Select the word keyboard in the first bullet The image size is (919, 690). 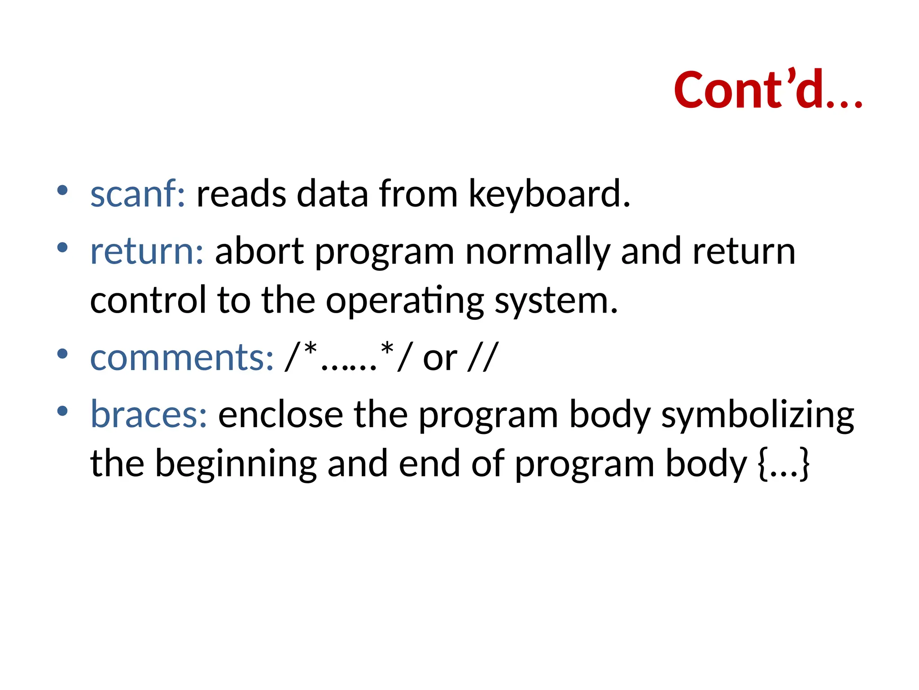tap(549, 195)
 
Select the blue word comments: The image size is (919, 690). tap(182, 358)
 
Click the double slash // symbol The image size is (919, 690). tap(483, 358)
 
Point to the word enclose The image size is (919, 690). tap(280, 414)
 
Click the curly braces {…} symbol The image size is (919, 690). tap(783, 464)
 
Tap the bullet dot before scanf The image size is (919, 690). tap(62, 190)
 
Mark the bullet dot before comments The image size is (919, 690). tap(62, 354)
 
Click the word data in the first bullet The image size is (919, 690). tap(333, 194)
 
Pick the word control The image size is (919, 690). tap(148, 300)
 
